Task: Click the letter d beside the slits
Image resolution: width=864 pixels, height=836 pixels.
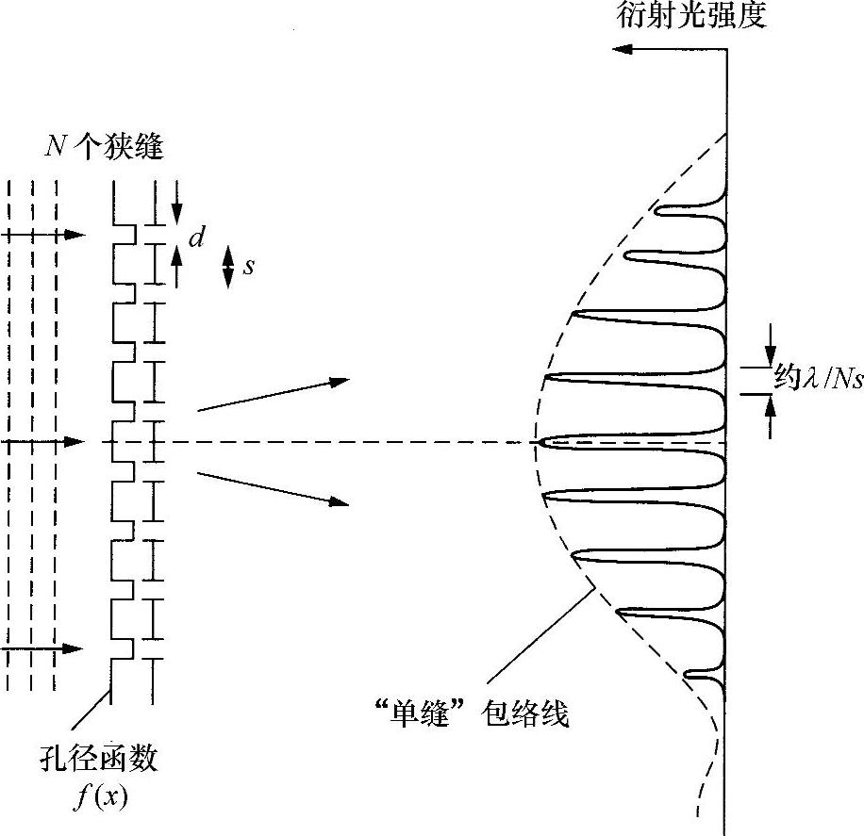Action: tap(196, 238)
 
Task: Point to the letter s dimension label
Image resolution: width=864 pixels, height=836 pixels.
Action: tap(249, 266)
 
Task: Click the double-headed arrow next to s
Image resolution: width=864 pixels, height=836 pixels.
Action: tap(227, 266)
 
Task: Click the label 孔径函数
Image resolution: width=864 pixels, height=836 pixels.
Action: tap(113, 760)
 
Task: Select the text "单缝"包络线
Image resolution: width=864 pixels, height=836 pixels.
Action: tap(469, 713)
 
